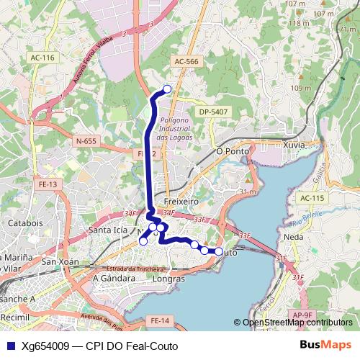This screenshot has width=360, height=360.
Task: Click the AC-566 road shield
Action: (x=186, y=62)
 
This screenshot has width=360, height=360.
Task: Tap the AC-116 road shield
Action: (x=42, y=57)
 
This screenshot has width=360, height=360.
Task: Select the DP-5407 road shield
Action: (x=214, y=112)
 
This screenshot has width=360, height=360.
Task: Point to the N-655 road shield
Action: (x=86, y=142)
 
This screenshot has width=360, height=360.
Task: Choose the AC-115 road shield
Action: (x=312, y=198)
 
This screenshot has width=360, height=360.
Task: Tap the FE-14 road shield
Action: (x=159, y=320)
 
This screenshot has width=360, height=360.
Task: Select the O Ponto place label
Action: (x=233, y=152)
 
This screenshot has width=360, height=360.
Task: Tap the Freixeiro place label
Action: (x=181, y=202)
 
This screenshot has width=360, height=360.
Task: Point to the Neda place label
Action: (x=293, y=236)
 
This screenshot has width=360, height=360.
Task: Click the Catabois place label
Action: (x=26, y=223)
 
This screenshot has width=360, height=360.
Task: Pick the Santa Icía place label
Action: (x=107, y=230)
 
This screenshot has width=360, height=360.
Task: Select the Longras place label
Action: (x=170, y=278)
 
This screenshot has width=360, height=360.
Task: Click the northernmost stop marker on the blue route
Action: (x=168, y=89)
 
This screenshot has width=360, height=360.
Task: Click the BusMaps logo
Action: (x=325, y=346)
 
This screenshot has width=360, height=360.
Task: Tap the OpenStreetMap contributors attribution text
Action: (x=297, y=323)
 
